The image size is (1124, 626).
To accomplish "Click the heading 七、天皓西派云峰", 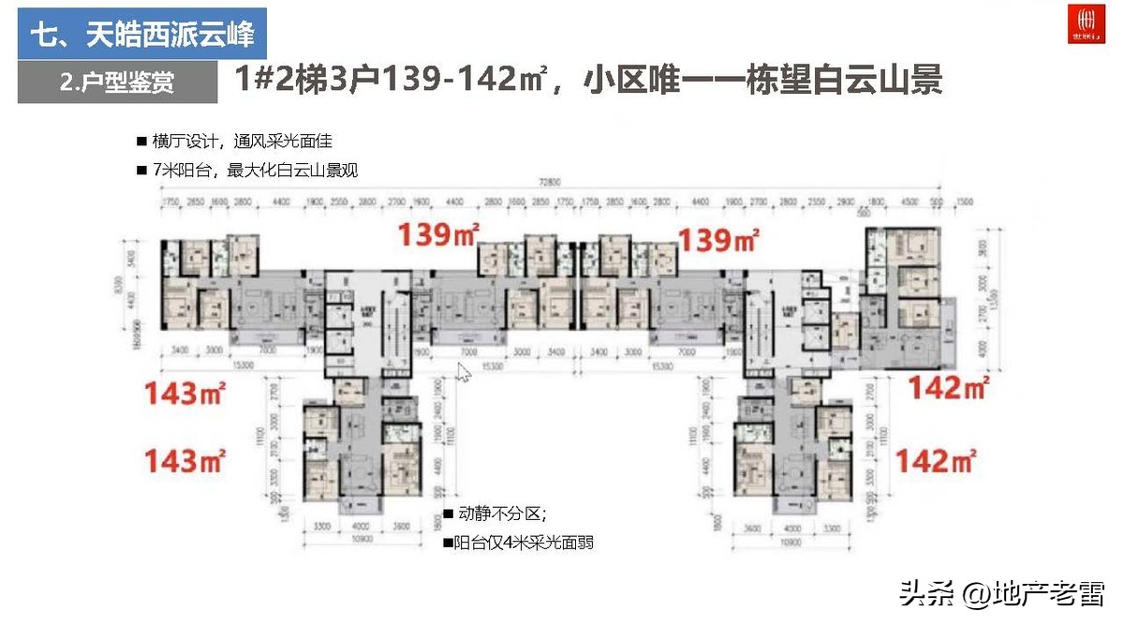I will [x=141, y=37].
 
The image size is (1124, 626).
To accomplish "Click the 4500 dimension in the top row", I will [x=910, y=201].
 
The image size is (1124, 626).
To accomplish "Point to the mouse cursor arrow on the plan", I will [x=462, y=371].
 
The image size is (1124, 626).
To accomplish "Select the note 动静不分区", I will [x=502, y=514].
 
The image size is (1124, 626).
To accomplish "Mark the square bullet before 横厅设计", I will [x=141, y=142].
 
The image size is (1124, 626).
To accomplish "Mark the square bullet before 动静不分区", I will [x=449, y=514].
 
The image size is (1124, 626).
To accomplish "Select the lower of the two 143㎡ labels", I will [x=184, y=460].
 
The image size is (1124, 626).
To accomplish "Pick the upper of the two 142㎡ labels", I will [x=949, y=386].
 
